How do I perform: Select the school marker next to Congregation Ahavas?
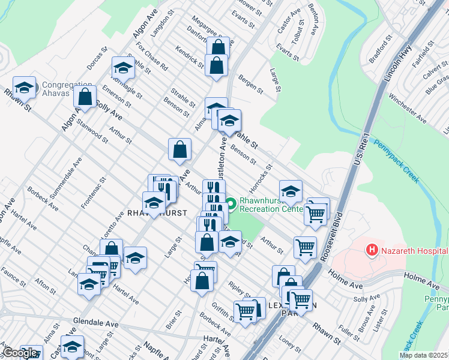point(25,88)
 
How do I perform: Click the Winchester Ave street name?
point(408,102)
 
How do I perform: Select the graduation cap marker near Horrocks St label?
point(290,191)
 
